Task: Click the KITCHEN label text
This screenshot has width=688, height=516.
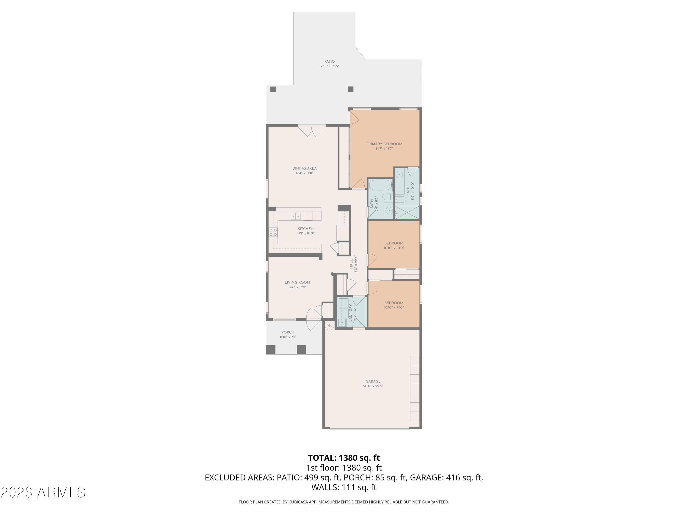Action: (x=305, y=229)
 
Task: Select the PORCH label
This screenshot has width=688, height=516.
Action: (x=288, y=332)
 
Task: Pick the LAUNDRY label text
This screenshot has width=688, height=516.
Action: (x=350, y=313)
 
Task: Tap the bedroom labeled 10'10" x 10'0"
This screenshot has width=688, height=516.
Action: (x=394, y=245)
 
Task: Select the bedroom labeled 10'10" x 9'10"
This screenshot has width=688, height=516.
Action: (x=394, y=305)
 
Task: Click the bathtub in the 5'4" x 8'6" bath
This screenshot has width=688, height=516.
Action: (x=380, y=186)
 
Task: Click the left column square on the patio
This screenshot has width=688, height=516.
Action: (x=273, y=89)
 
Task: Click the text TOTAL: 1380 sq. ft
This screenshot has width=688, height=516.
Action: (x=344, y=458)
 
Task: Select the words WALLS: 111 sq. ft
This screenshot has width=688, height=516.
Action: (x=344, y=487)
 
